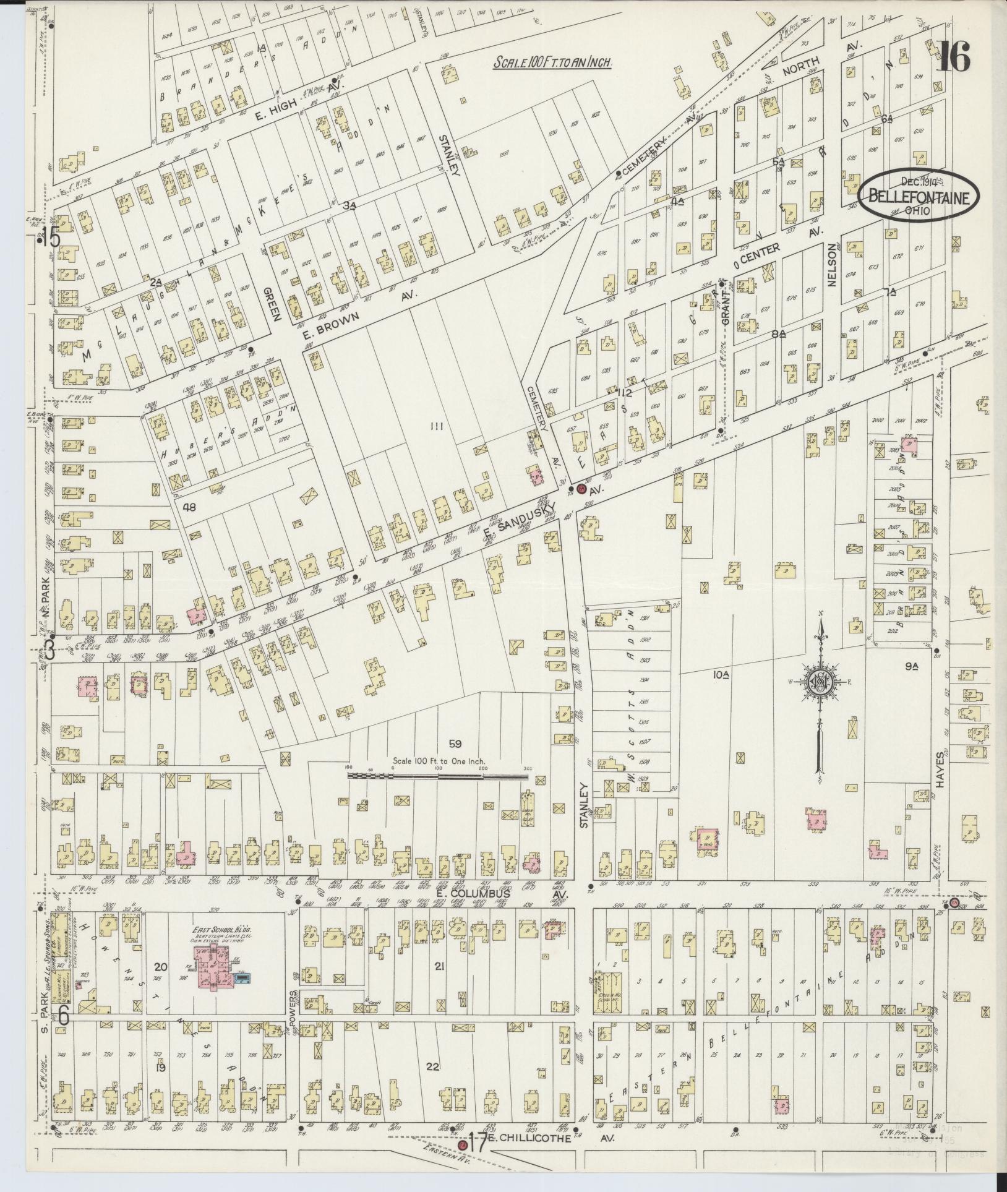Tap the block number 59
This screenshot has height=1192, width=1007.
click(x=455, y=744)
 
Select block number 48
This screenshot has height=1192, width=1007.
click(x=189, y=507)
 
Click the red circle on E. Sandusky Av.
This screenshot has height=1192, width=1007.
click(x=581, y=489)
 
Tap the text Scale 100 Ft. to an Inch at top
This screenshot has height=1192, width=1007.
click(x=552, y=62)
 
